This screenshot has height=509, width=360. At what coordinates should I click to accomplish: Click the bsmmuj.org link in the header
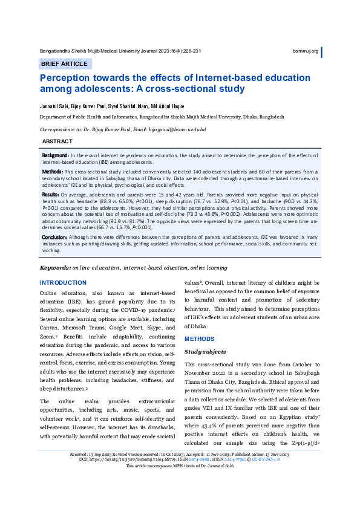(306, 51)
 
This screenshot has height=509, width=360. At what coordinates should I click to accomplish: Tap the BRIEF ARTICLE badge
(64, 63)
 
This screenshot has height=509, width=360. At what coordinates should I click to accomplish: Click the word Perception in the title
(65, 78)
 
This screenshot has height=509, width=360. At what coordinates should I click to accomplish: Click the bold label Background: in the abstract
(56, 155)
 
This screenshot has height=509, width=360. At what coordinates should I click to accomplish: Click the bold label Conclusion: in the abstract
(55, 238)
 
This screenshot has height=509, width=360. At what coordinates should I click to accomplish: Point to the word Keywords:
(55, 267)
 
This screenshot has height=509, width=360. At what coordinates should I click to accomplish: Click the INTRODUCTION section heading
(63, 283)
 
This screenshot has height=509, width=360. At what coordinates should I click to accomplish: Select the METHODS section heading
(199, 339)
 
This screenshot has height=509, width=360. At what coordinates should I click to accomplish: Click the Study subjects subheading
(205, 351)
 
